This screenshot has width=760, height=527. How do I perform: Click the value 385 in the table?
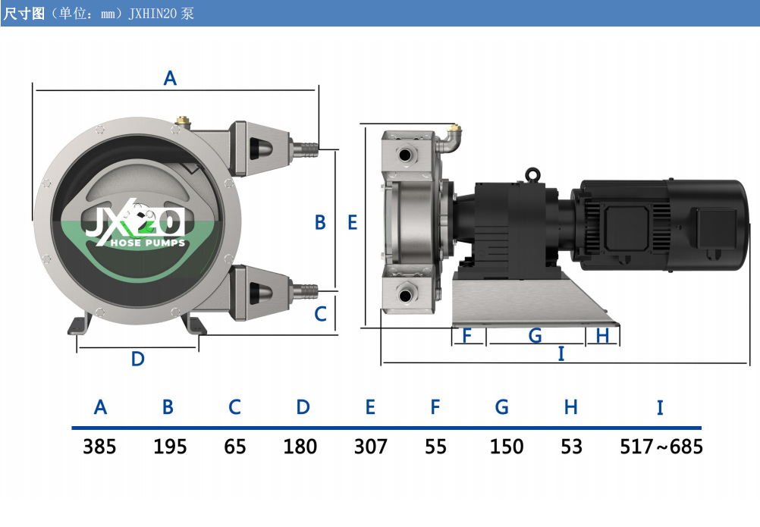(x=99, y=446)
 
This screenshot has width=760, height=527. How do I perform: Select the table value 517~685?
(x=661, y=446)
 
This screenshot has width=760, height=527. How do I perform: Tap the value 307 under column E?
(x=371, y=446)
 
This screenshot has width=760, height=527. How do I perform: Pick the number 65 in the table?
(x=234, y=446)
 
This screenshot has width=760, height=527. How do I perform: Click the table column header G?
(x=501, y=407)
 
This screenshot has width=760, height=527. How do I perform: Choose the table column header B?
(x=168, y=407)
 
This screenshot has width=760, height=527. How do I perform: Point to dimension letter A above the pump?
(x=170, y=78)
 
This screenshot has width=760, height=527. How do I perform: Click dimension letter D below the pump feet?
(x=138, y=359)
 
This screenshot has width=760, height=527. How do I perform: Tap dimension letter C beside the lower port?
(x=320, y=314)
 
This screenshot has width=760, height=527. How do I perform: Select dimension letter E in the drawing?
(x=353, y=222)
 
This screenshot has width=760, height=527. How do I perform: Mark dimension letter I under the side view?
(x=561, y=353)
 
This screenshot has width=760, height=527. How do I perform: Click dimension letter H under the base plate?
(x=602, y=336)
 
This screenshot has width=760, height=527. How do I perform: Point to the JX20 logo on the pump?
(x=135, y=222)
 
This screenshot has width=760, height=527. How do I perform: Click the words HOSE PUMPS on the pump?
(x=147, y=242)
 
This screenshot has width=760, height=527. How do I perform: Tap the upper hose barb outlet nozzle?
(x=304, y=148)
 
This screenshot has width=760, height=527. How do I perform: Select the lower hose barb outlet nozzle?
(x=304, y=292)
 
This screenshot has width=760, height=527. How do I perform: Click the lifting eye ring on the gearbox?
(x=532, y=174)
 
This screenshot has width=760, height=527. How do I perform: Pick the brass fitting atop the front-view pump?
(x=183, y=121)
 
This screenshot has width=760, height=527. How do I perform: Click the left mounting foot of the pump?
(x=80, y=324)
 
